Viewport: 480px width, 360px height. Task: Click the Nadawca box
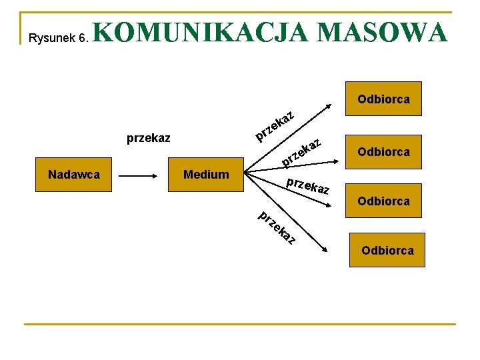tap(74, 175)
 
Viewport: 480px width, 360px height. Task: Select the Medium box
tap(206, 175)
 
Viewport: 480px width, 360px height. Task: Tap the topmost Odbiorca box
tap(383, 99)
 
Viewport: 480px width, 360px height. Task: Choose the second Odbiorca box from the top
tap(383, 151)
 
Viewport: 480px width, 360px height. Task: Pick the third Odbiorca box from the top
tap(383, 201)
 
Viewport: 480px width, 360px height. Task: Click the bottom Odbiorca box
tap(387, 250)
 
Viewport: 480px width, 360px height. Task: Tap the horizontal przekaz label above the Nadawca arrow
tap(148, 139)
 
